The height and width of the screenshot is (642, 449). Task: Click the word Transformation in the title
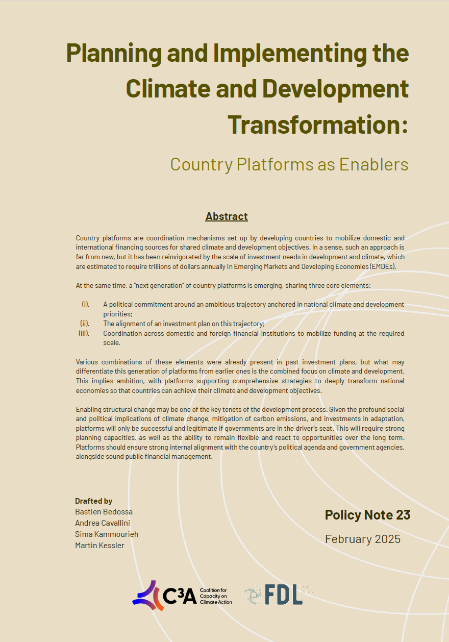[x=311, y=124]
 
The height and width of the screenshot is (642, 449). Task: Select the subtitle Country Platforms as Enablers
[x=289, y=164]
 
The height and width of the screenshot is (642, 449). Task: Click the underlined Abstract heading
[x=227, y=216]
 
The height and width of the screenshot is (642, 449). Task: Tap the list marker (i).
[x=85, y=304]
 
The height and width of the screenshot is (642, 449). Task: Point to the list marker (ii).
[x=84, y=324]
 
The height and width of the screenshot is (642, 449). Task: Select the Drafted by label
[x=93, y=501]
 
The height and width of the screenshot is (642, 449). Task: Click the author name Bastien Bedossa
[x=104, y=511]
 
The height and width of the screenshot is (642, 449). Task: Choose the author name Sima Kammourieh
[x=107, y=534]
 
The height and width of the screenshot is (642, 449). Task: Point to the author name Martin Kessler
[x=99, y=545]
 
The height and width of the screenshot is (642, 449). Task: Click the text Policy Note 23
[x=367, y=515]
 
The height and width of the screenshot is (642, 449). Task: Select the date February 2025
[x=362, y=538]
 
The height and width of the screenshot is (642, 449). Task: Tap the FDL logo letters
[x=283, y=595]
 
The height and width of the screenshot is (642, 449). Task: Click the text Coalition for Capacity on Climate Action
[x=216, y=596]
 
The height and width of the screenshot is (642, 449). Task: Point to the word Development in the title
[x=335, y=88]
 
